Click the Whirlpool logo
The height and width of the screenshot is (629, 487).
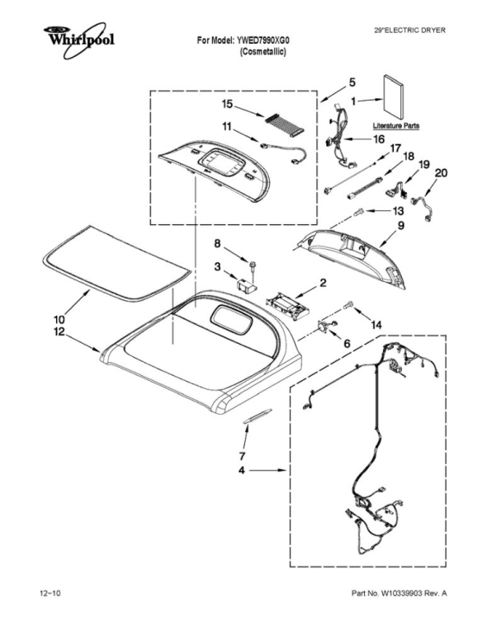coord(78,40)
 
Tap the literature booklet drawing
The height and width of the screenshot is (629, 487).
coord(394,96)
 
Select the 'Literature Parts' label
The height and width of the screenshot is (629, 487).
coord(395,126)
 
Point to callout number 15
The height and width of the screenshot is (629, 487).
coord(227,105)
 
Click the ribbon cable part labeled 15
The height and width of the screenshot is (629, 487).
coord(283,124)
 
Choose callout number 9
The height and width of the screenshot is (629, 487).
coord(401,226)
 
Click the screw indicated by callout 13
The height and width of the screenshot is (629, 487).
coord(358,212)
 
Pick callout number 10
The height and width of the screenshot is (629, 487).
coord(59,320)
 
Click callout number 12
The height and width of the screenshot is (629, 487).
coord(59,331)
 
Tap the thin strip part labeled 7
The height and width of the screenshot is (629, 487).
coord(258,415)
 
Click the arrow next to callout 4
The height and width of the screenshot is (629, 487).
coord(267,470)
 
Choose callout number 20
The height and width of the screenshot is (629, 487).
coord(442,173)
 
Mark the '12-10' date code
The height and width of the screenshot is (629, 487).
coord(50,594)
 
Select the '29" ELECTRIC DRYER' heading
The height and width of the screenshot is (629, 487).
coord(410,30)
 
